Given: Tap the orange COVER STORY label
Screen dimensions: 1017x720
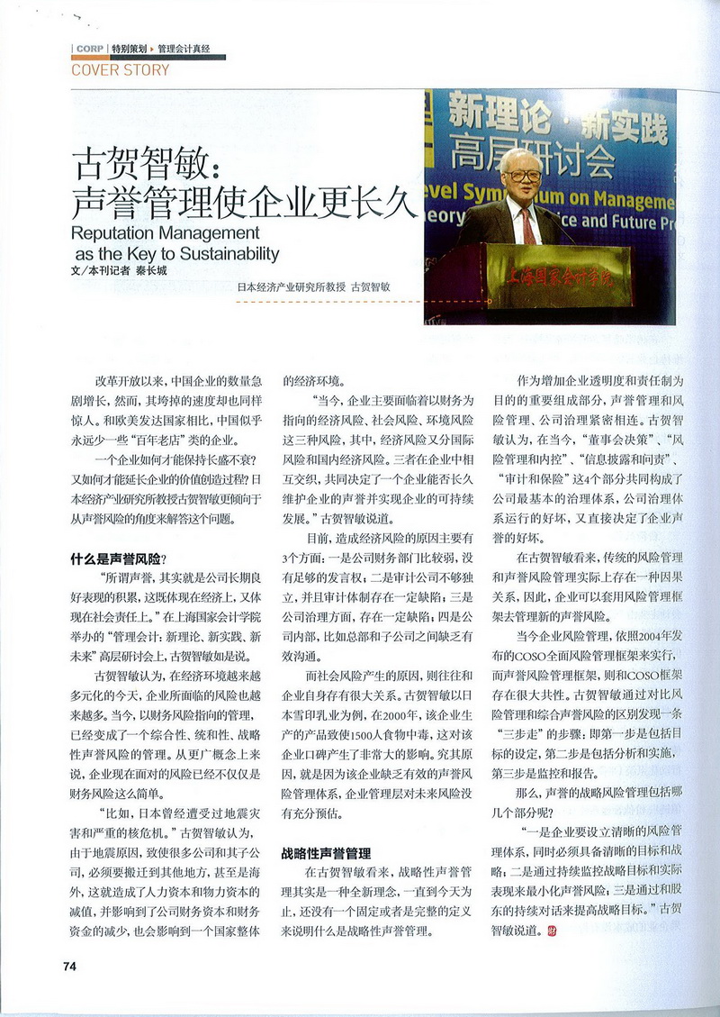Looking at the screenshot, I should coord(120,69).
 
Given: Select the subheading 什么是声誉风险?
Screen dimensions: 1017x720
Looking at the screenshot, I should coord(125,558).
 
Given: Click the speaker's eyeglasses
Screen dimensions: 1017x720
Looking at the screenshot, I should coord(523,175).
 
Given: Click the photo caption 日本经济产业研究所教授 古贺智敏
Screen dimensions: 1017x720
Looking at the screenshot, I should coord(314,287).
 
